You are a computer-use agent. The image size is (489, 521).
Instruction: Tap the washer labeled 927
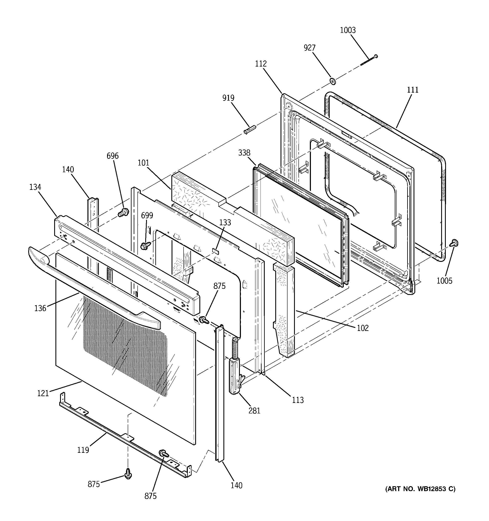pos(333,81)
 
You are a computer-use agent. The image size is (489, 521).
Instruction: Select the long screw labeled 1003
pos(369,60)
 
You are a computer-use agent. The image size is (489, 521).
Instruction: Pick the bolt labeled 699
pos(144,246)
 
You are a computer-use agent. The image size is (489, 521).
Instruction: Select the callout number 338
pos(244,153)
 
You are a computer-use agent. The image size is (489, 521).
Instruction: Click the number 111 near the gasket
pos(413,90)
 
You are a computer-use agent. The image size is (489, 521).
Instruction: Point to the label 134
pos(35,187)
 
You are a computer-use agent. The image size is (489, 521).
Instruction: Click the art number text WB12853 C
pos(420,489)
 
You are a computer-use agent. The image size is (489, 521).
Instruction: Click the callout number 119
pos(83,450)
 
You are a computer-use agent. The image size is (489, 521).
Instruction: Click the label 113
pos(298,400)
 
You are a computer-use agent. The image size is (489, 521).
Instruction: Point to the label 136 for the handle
pos(40,308)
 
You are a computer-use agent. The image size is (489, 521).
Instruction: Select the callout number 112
pos(261,64)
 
